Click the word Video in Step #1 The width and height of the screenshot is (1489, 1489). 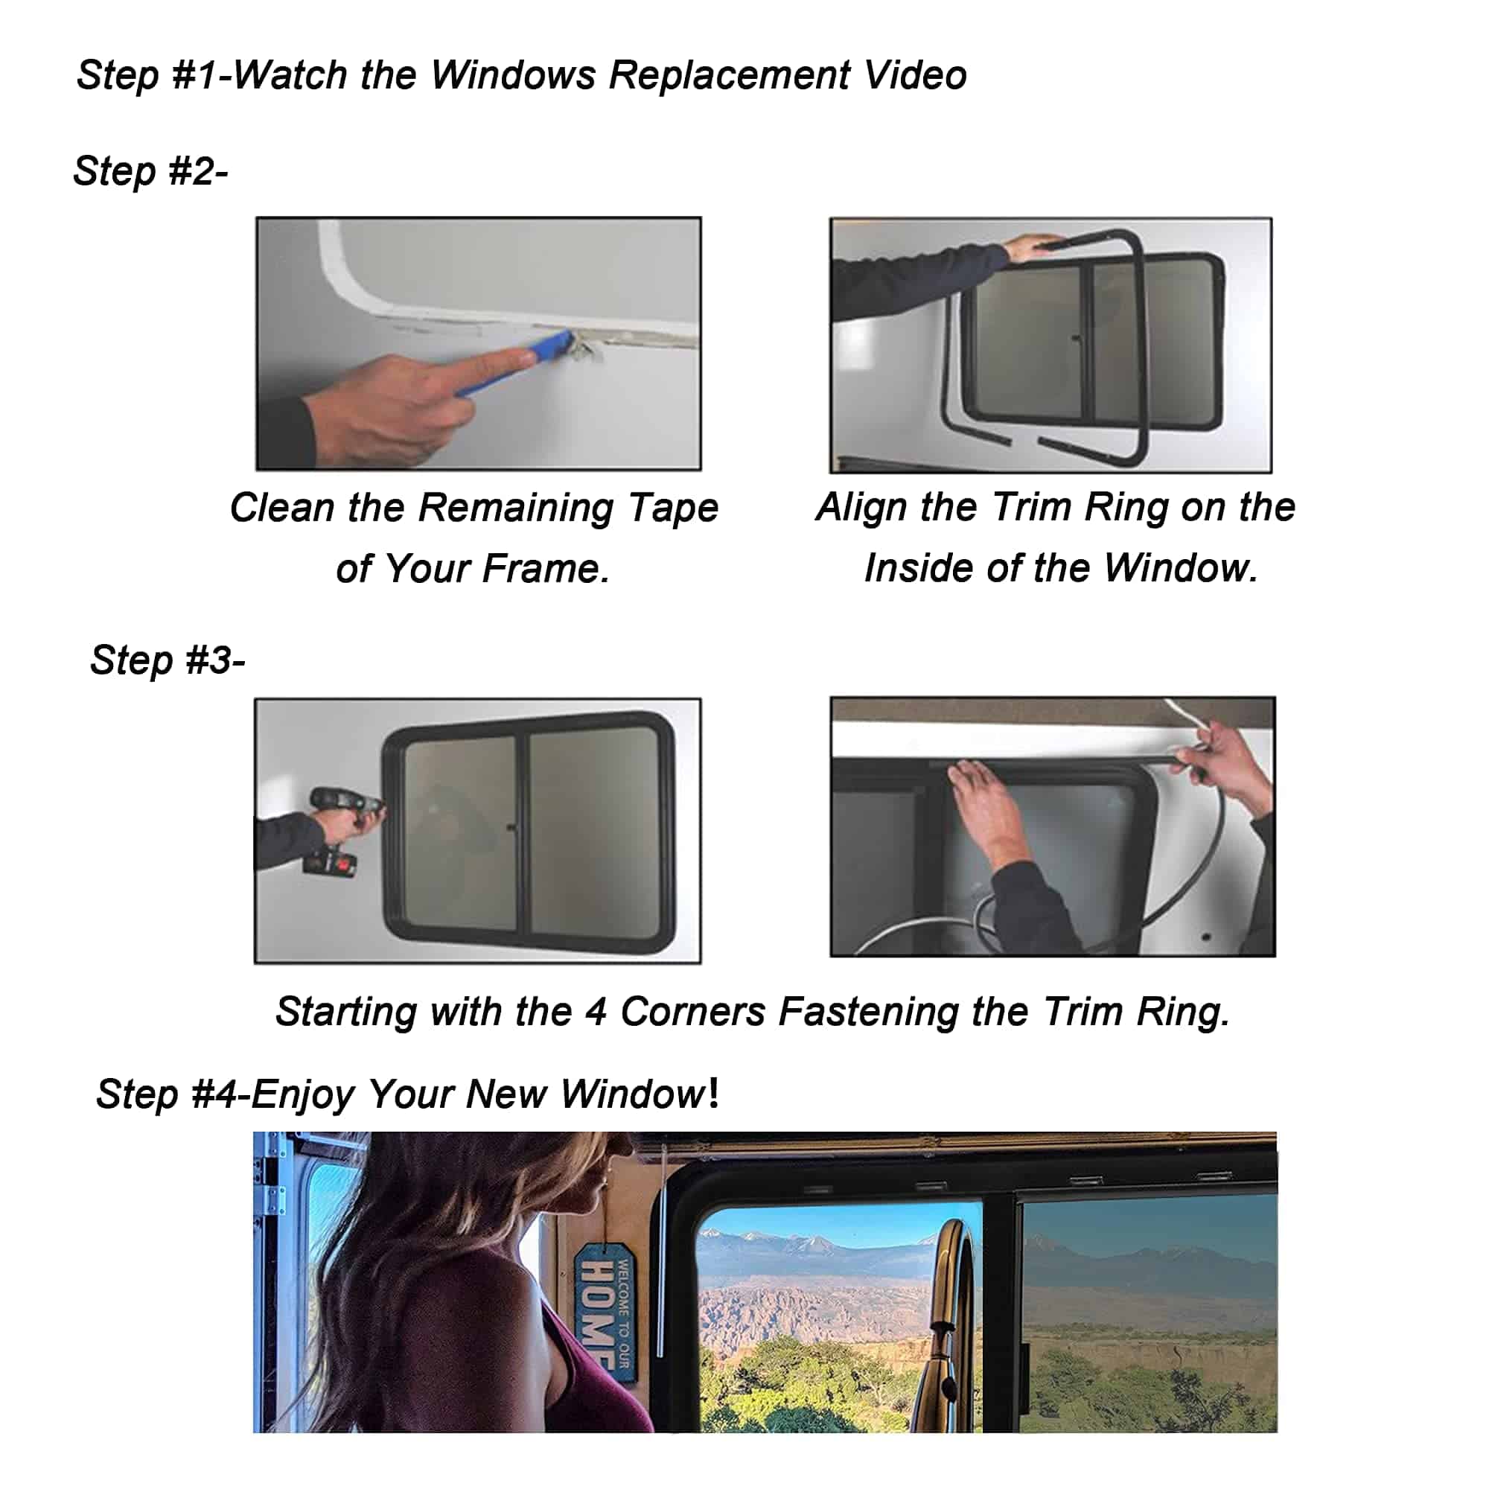(915, 75)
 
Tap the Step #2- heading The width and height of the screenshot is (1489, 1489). (151, 170)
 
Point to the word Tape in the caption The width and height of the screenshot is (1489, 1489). (672, 508)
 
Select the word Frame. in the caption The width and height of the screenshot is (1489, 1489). (546, 569)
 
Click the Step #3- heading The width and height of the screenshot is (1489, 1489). (168, 660)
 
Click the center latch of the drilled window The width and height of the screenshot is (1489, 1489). (511, 829)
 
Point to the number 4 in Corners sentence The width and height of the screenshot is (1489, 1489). (595, 1012)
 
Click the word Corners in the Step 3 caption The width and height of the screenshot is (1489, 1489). (692, 1012)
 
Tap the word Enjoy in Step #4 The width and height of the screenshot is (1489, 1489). (302, 1094)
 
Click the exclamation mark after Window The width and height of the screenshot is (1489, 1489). (714, 1093)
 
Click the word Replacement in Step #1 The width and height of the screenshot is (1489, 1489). (729, 75)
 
